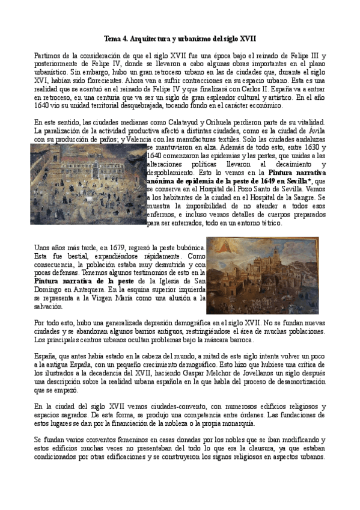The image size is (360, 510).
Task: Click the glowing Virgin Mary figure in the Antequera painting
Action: [x=218, y=248]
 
